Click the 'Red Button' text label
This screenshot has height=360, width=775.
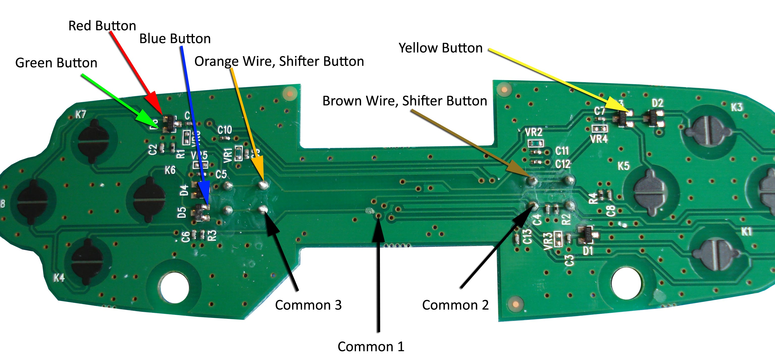[102, 26]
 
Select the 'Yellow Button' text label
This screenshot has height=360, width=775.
[440, 48]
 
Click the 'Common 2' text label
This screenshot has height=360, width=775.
[455, 305]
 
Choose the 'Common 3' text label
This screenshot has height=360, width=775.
[308, 305]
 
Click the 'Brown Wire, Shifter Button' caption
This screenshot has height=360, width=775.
[404, 101]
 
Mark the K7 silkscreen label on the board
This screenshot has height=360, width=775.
[81, 115]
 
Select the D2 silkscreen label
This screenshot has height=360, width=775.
[657, 103]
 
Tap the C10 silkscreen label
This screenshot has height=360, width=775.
[225, 130]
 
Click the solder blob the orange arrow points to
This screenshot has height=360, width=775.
[264, 185]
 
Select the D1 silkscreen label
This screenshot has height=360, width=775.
[588, 251]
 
